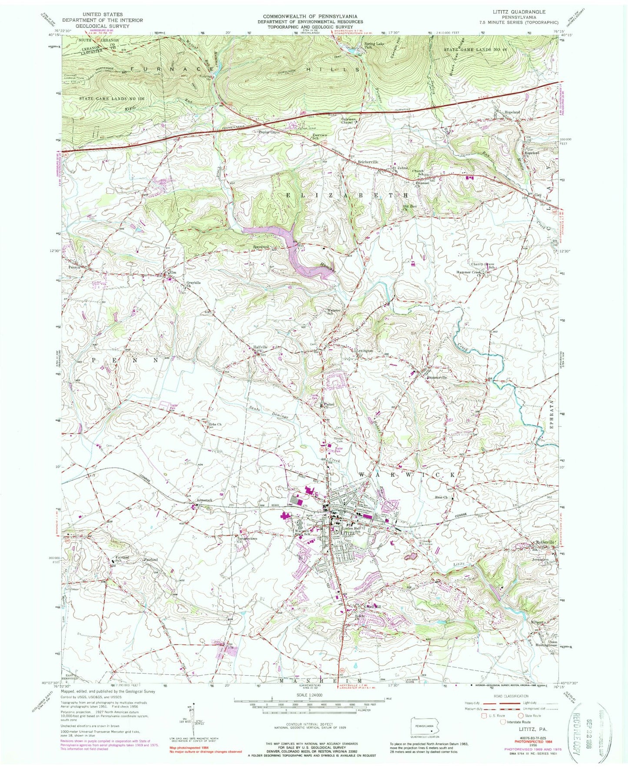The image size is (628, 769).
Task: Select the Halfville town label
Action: tap(260, 347)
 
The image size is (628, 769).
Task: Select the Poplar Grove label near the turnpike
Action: tap(269, 132)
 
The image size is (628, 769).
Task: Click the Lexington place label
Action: tap(365, 350)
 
